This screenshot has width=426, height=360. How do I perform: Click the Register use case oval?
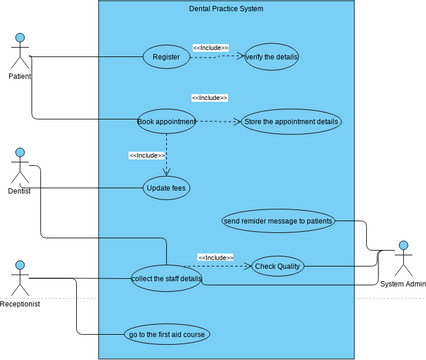coord(167,57)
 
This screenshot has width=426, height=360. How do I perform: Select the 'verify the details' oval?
coord(271,57)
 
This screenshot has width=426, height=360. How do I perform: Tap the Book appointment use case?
coord(166,121)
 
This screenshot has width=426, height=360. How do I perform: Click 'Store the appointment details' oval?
coord(291,121)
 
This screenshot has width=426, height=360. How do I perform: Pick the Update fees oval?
coord(166,187)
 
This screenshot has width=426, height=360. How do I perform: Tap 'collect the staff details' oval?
coord(166,278)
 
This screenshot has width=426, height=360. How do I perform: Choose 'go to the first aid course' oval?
coord(166,334)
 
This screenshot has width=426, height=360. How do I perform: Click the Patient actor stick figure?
coord(19,50)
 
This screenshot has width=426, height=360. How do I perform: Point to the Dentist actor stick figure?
coord(19,164)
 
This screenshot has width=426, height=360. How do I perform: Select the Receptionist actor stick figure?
coord(19,276)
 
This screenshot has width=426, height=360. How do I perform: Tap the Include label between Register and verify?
coord(210,47)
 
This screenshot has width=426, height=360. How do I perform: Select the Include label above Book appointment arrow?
coord(209,98)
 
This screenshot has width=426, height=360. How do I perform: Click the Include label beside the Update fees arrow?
coord(147,155)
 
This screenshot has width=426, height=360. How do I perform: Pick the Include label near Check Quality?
coord(215,257)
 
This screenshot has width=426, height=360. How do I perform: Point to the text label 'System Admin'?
coord(403,284)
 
